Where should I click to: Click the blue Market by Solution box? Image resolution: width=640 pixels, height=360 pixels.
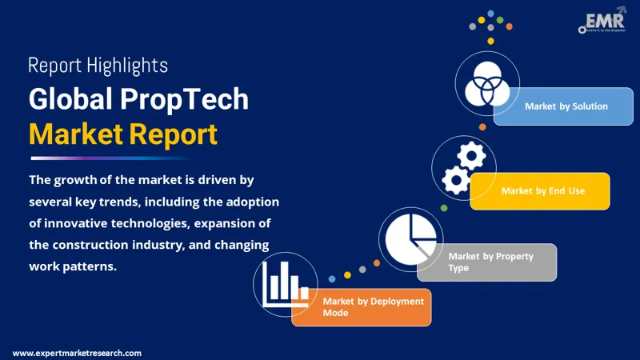(x=566, y=106)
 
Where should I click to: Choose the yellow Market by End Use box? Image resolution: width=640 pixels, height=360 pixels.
(x=541, y=191)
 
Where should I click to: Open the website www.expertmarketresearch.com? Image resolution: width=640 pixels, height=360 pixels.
(x=77, y=353)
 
